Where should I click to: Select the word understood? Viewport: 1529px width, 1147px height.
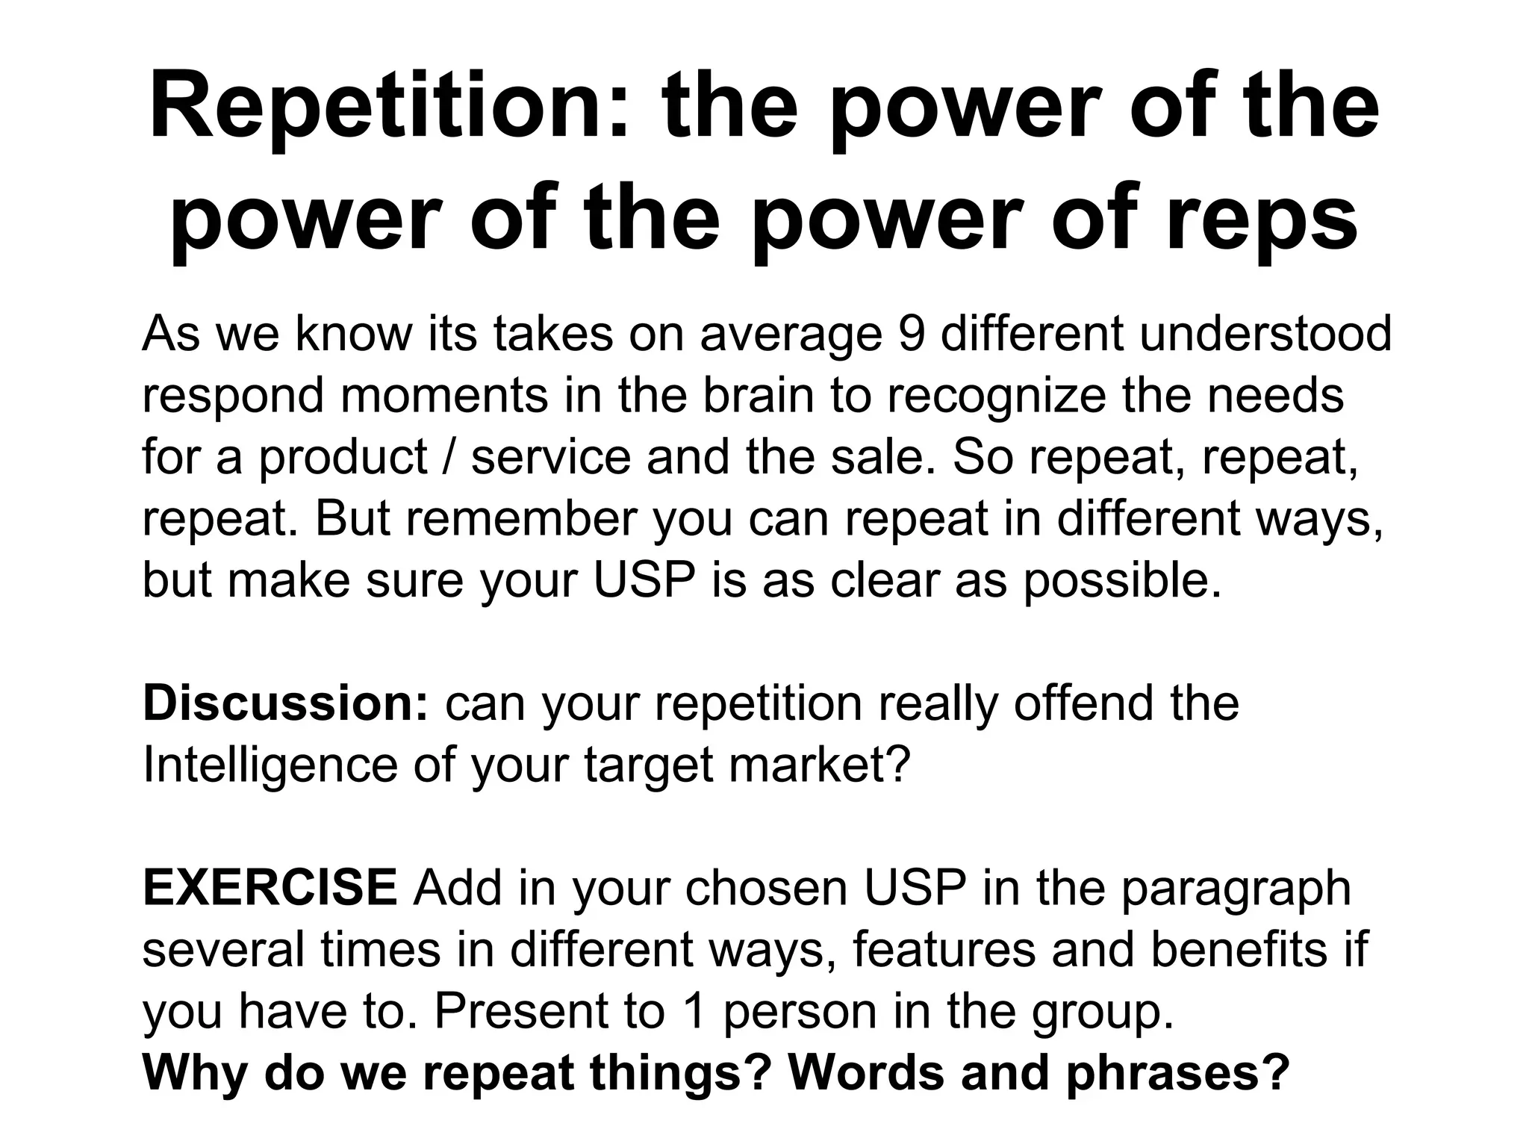pos(1265,333)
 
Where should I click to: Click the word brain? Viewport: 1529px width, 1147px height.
pos(757,395)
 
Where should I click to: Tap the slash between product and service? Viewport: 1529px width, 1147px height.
pos(449,457)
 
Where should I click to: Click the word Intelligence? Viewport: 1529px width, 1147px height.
pos(269,765)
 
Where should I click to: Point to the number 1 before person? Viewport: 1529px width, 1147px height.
pos(694,1011)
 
